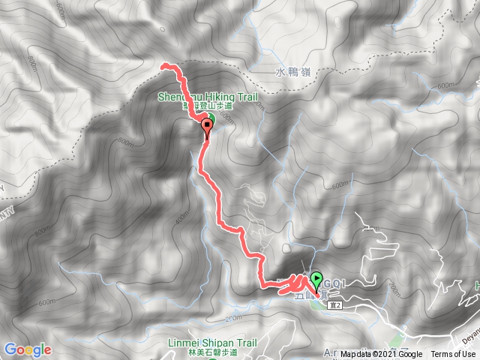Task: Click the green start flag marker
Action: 316,280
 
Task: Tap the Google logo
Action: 27,349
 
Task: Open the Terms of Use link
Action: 452,355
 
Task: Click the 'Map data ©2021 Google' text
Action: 381,355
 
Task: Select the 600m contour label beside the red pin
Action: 227,118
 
